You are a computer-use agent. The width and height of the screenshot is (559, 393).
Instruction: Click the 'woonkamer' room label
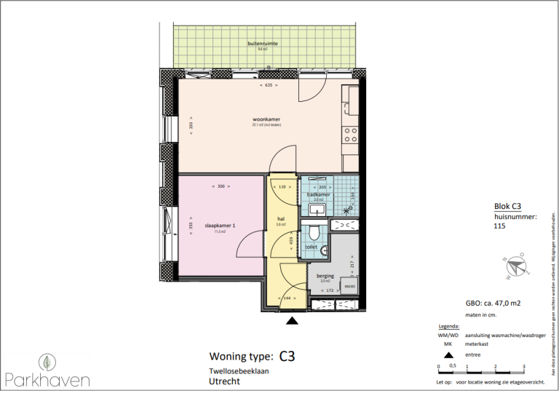[x=266, y=119]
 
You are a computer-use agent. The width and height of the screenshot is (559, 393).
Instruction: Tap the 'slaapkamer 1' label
[x=220, y=226]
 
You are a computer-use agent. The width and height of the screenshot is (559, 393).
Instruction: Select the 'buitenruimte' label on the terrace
[x=263, y=44]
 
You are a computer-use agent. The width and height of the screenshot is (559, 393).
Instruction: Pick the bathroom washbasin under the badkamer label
[x=317, y=210]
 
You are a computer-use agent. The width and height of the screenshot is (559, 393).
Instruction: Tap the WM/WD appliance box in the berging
[x=349, y=287]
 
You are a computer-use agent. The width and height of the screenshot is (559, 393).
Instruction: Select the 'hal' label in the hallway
[x=281, y=218]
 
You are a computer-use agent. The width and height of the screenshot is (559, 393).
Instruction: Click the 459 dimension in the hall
[x=291, y=244]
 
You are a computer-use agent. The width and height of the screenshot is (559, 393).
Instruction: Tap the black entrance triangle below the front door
[x=292, y=321]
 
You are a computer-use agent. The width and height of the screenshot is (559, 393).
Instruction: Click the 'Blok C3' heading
[x=507, y=207]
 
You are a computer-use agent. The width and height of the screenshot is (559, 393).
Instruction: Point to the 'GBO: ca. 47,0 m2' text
[x=496, y=303]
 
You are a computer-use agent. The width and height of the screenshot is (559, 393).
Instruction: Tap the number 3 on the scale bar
[x=524, y=366]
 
